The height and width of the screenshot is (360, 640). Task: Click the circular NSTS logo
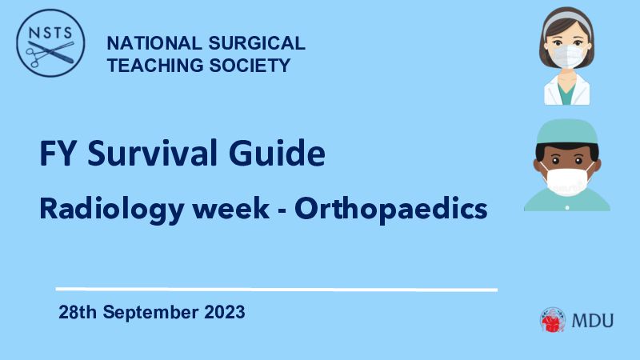pos(50,43)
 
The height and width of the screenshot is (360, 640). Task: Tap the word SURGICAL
pos(257,43)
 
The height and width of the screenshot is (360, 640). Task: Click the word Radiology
pos(112,210)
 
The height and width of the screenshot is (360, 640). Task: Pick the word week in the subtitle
pos(231,209)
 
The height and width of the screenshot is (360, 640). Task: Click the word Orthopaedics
pos(391,210)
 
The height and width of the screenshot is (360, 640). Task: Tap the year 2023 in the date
pos(225,312)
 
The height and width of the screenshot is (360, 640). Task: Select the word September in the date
pos(150,313)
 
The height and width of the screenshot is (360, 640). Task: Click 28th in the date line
pos(78,312)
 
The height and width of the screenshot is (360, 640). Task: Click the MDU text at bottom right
pos(593,321)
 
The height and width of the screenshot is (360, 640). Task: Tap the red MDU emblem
pos(553,320)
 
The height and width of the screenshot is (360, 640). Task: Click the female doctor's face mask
pos(566,56)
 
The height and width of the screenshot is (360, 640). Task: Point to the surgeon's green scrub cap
pos(567,132)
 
